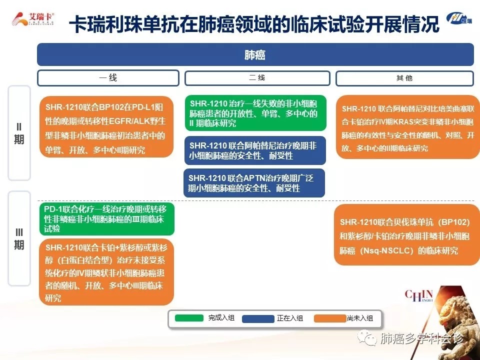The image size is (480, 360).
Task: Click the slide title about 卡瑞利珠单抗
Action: (254, 24)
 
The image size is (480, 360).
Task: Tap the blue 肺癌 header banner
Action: (255, 54)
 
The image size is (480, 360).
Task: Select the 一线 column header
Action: (108, 78)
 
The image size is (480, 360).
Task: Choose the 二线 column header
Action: (257, 78)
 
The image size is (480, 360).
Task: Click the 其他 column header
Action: (404, 78)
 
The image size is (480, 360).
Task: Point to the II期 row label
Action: (19, 133)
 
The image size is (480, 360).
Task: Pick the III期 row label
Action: (19, 238)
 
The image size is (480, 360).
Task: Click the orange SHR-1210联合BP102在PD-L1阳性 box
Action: (106, 127)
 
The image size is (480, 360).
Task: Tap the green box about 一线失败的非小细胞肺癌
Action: (255, 113)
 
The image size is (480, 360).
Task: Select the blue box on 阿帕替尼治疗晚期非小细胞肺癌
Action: (254, 150)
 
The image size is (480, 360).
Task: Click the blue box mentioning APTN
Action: (254, 183)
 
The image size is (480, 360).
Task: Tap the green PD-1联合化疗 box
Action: (107, 219)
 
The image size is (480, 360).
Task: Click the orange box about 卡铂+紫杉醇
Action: (106, 272)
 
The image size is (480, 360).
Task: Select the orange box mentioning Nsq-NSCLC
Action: (407, 235)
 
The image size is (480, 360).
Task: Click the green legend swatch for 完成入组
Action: (189, 318)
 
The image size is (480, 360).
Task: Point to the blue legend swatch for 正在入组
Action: (258, 318)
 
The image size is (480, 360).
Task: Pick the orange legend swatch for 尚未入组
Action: (330, 318)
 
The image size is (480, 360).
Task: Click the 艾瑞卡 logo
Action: (33, 19)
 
